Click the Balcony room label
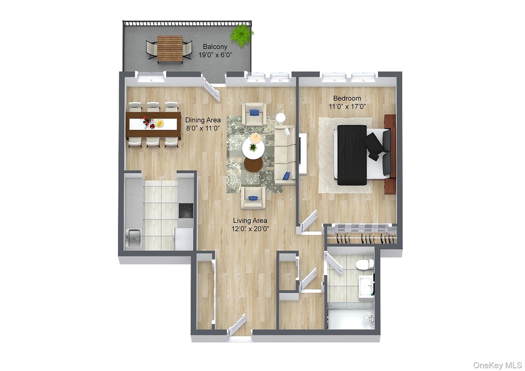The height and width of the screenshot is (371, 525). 215,47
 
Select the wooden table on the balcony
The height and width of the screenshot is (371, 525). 170,49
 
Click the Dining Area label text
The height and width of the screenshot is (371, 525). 203,120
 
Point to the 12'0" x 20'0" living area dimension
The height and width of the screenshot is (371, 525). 250,229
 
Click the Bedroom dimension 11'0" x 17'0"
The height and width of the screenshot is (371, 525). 347,106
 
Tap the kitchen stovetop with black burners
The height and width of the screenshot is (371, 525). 186,210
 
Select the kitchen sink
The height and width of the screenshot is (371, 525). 134,238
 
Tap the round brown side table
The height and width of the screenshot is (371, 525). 253,164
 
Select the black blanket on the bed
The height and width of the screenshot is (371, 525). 352,155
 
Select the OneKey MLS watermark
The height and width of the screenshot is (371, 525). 498,365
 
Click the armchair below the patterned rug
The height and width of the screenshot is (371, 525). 253,198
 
